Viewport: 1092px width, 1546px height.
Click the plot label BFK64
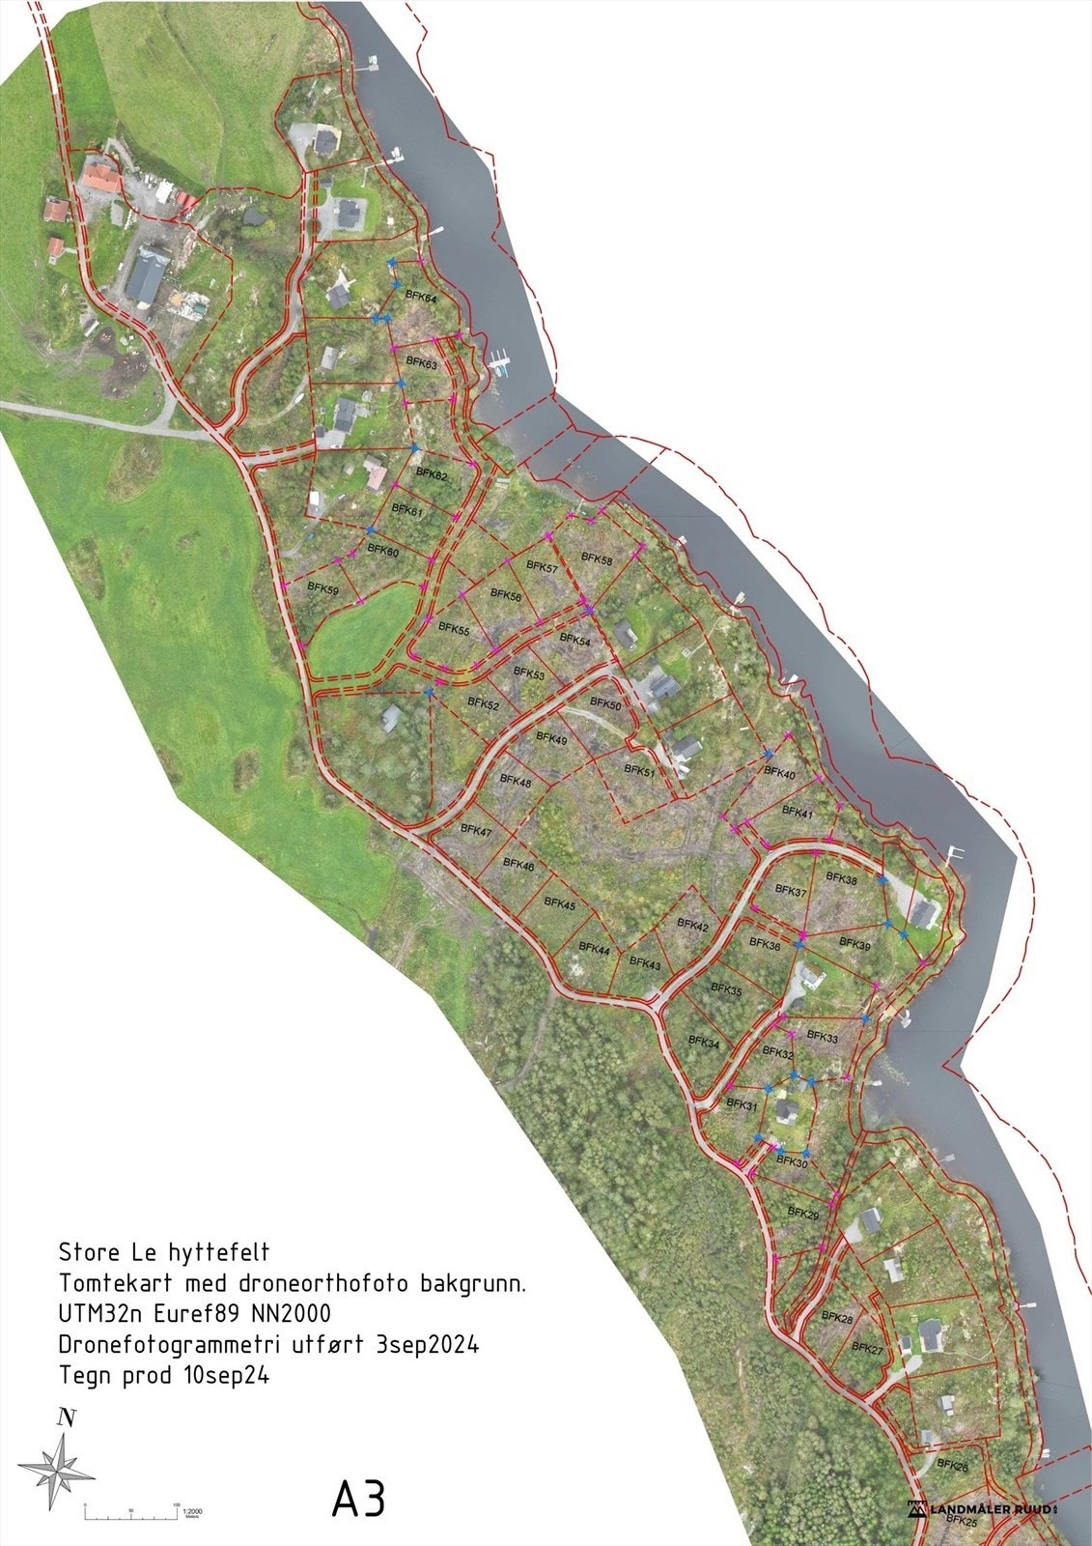coord(421,300)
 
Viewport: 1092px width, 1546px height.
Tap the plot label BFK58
coord(597,559)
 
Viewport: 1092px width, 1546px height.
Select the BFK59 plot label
coord(323,587)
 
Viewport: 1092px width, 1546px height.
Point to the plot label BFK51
coord(639,771)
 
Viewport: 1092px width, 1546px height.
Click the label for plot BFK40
coord(779,774)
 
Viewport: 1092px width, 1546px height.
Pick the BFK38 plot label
coord(842,880)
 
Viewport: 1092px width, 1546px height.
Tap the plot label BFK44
coord(594,951)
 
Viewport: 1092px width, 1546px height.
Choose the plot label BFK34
coord(704,1043)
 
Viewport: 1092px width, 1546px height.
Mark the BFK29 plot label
coord(802,1213)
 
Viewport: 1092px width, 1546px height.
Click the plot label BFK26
coord(952,1467)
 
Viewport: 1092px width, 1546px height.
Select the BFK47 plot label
coord(476,831)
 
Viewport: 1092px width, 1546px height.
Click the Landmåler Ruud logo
coord(985,1507)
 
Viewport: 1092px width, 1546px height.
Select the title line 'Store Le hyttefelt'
coord(164,1253)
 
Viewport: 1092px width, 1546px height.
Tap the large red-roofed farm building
coord(100,179)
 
